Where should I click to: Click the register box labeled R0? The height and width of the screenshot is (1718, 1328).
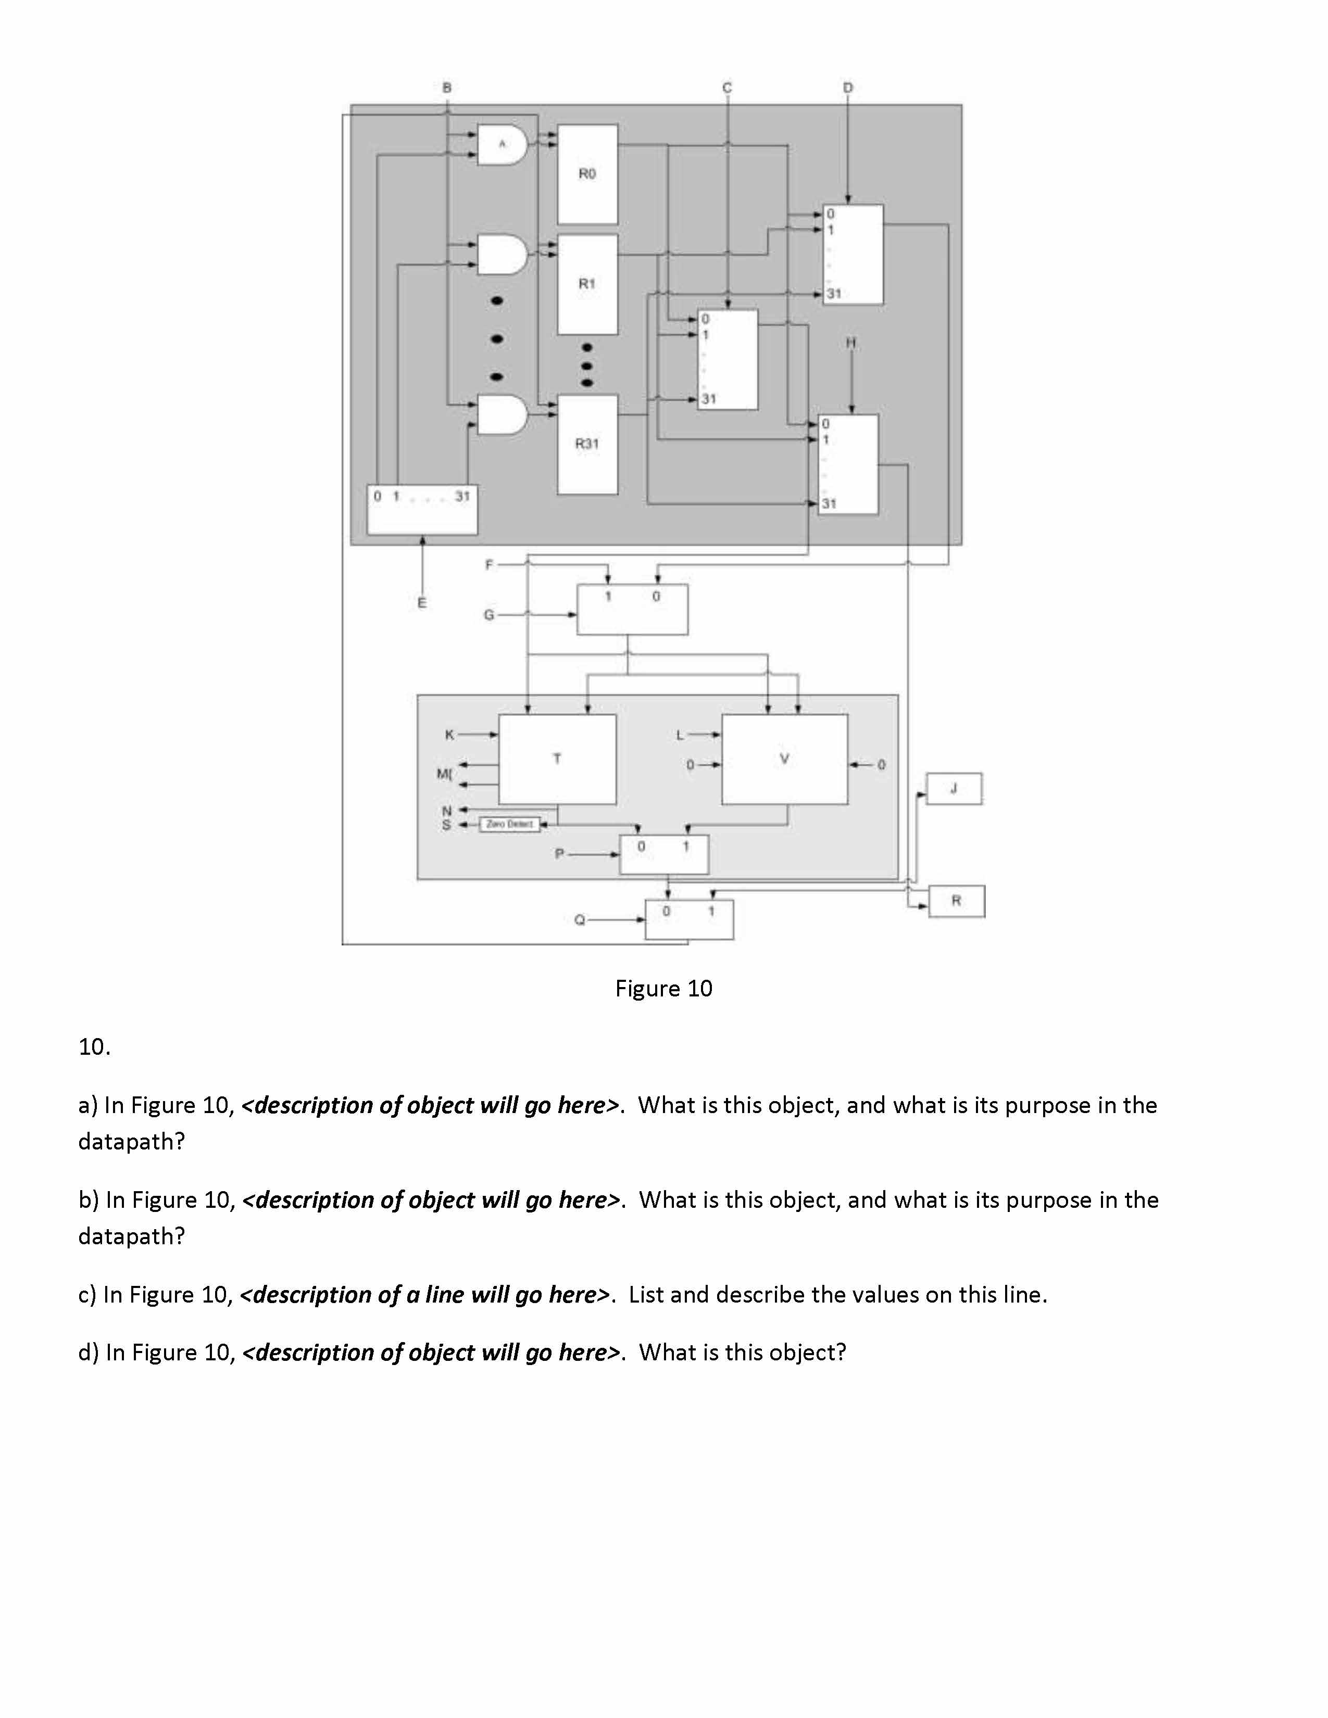pos(587,174)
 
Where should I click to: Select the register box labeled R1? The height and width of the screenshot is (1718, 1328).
pos(587,284)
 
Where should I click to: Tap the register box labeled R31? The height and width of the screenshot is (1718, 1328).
pos(587,444)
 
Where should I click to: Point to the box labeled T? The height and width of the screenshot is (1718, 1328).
pos(557,759)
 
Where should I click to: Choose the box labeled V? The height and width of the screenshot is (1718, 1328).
pos(784,759)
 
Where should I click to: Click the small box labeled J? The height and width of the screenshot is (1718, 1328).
pos(954,788)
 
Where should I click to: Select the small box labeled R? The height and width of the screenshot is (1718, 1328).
pos(956,901)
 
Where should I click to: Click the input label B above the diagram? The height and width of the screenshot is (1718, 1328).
pos(447,87)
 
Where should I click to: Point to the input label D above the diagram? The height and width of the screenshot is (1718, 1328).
pos(847,87)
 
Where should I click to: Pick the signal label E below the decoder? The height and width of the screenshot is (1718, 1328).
pos(422,603)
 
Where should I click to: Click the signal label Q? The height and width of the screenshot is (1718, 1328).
pos(580,919)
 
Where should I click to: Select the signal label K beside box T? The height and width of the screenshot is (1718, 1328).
pos(449,735)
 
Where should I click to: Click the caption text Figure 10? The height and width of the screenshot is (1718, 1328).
pos(663,989)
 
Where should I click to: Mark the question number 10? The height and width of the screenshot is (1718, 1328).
pos(94,1047)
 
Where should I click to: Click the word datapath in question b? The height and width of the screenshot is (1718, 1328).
pos(131,1236)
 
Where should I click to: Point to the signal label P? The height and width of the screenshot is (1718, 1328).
pos(559,853)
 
